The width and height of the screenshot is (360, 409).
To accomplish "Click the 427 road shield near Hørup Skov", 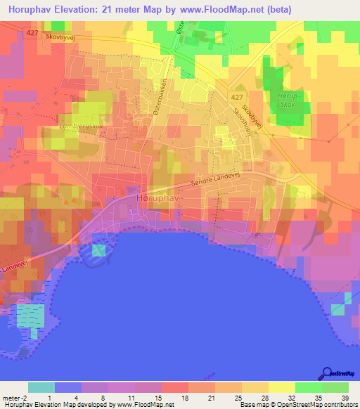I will (x=238, y=97).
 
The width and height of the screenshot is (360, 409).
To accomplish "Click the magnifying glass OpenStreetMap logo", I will (x=326, y=372).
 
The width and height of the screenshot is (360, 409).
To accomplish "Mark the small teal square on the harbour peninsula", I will (x=99, y=250).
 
